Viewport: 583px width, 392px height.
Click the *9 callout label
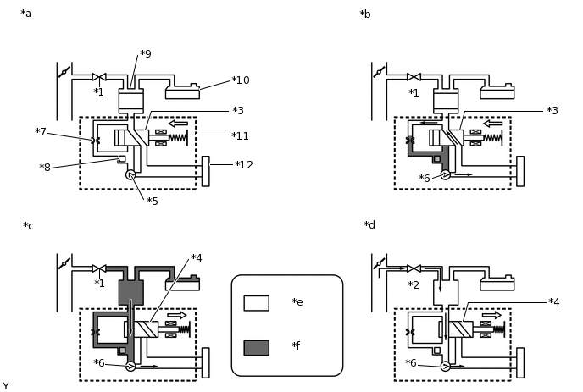coord(146,54)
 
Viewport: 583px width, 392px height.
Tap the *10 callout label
coord(241,80)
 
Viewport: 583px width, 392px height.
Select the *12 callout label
coord(244,165)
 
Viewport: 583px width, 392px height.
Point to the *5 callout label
coord(153,202)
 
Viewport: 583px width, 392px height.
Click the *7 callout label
coord(41,132)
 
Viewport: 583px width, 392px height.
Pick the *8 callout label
coord(45,168)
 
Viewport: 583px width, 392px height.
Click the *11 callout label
coord(240,136)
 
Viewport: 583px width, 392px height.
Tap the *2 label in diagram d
coord(414,285)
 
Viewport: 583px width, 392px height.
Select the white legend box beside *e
coord(257,303)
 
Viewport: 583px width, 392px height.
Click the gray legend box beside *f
coord(257,348)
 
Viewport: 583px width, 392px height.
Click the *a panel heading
coord(26,14)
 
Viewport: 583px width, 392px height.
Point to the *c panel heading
coord(28,226)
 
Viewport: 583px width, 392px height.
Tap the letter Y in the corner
coord(6,386)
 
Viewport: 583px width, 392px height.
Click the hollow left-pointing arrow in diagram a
coord(178,124)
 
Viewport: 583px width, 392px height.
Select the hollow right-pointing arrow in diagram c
coord(177,316)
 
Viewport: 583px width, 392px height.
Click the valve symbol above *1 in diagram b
coord(414,77)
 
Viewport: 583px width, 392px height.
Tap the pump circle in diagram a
coord(130,174)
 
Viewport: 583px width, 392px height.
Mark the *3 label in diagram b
coord(552,111)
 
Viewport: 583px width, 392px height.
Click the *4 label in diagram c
coord(197,258)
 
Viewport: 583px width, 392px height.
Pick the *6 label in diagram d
coord(410,363)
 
